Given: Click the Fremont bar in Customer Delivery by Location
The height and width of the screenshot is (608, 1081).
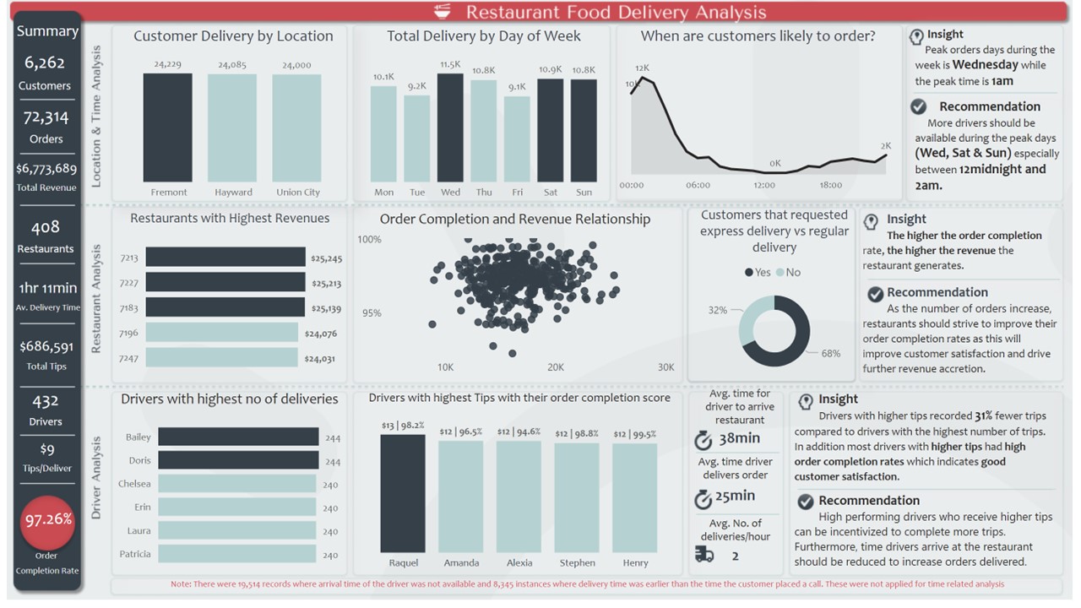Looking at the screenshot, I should point(167,128).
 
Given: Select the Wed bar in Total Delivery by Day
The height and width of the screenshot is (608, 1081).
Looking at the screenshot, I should point(450,128).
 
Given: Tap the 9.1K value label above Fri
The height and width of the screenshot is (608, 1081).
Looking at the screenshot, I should point(517,87).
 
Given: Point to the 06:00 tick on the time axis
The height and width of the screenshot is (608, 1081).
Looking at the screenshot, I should point(698,185).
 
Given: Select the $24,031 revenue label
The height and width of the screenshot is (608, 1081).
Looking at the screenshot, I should point(319,358).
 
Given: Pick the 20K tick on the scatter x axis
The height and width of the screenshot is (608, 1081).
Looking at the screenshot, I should point(556,367).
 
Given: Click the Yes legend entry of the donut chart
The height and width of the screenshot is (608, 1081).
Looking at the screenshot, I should point(758,272).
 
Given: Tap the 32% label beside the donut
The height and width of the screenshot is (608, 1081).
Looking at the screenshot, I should point(718,310).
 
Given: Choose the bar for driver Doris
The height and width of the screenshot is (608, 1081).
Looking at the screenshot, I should point(238,460).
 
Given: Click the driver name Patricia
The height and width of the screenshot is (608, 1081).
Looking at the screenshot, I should point(135,554).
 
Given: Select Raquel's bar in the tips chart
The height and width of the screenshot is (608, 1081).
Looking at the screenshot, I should point(403,493).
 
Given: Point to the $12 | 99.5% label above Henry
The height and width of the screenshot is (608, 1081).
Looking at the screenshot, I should point(634,433).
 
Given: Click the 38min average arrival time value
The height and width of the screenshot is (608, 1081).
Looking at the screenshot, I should point(739,438).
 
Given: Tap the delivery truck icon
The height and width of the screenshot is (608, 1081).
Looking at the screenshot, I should point(704,554).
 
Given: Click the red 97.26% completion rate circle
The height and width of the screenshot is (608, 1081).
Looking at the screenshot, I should point(47,521).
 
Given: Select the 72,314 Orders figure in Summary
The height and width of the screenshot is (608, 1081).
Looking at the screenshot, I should point(46,118).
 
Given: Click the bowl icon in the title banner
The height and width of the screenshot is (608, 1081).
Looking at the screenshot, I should point(442,11).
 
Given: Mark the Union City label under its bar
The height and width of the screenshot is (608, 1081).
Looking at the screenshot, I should point(298,193).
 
